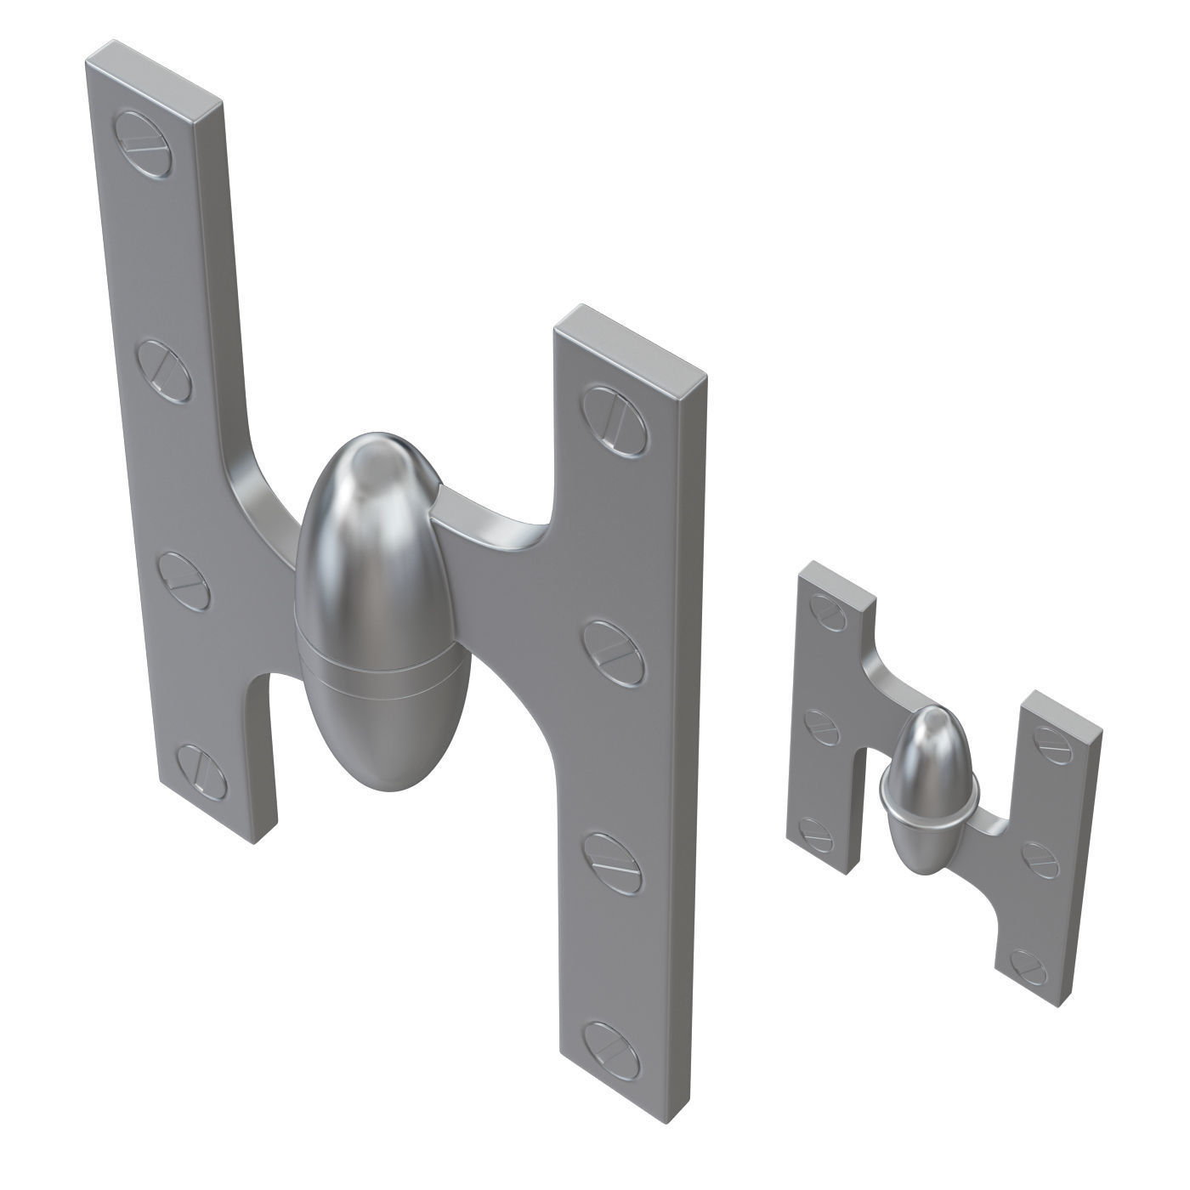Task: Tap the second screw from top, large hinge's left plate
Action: tap(165, 365)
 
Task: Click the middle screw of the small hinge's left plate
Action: tap(825, 724)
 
